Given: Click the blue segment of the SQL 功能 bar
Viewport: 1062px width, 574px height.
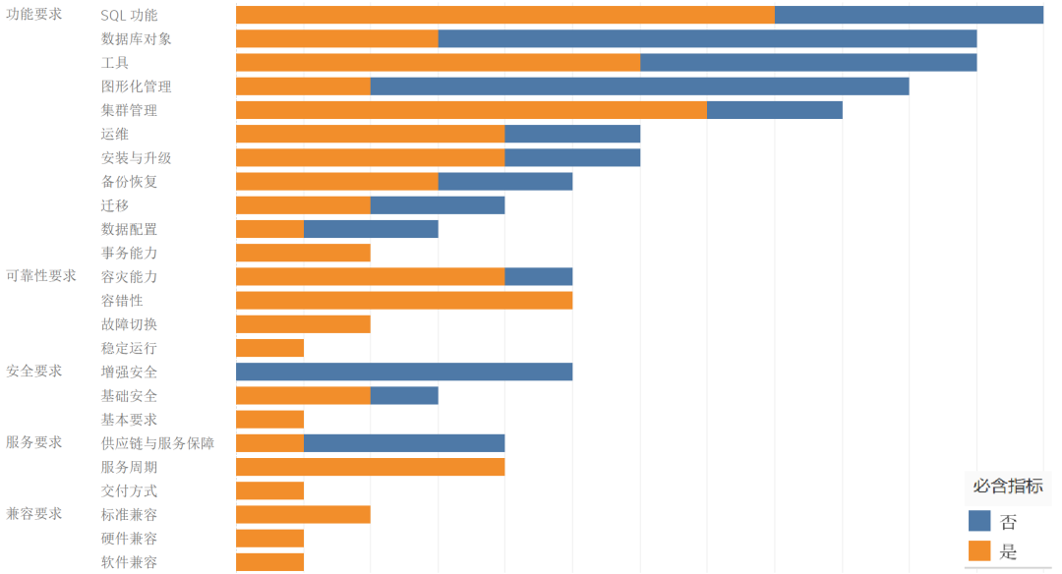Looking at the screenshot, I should [x=909, y=15].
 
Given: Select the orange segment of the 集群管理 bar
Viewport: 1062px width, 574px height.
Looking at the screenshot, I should [x=471, y=110].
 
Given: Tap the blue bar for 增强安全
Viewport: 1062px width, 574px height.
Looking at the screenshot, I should [x=404, y=372].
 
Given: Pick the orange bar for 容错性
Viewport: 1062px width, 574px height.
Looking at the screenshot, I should [x=404, y=301].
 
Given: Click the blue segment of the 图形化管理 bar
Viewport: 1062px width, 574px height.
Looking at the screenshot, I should [x=639, y=86].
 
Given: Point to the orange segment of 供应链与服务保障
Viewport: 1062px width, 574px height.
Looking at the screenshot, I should [x=269, y=443].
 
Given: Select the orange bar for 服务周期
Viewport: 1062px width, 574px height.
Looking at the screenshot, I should [x=370, y=467].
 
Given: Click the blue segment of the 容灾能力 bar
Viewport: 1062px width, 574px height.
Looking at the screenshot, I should [x=538, y=277].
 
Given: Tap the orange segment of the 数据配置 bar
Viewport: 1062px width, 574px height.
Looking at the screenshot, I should [x=269, y=229].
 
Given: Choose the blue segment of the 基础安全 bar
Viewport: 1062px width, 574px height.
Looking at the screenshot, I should [x=404, y=396].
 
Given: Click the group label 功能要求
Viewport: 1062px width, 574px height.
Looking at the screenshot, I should [x=34, y=15].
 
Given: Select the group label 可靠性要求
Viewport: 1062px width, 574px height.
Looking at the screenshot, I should [x=41, y=276].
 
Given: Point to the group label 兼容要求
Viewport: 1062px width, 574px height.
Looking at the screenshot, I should [x=34, y=514].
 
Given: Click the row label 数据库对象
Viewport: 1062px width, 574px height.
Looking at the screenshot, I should [x=136, y=39].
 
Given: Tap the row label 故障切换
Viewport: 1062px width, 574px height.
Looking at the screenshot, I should [x=129, y=324].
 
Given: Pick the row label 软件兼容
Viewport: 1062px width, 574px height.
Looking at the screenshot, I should [x=129, y=562].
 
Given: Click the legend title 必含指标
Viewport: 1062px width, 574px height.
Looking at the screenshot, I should [x=1008, y=486].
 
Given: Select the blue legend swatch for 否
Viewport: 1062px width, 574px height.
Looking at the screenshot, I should [x=979, y=522].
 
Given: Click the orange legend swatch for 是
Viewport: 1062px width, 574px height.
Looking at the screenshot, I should [x=979, y=551].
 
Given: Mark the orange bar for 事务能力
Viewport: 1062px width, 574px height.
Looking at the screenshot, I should [x=303, y=253].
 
